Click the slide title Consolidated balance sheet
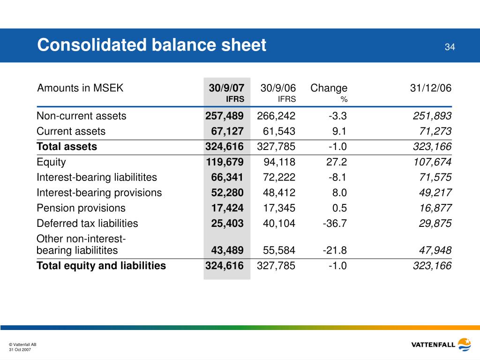click(151, 45)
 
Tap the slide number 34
click(450, 47)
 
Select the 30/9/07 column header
click(226, 88)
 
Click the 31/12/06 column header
click(431, 88)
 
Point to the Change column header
click(329, 88)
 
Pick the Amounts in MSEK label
click(80, 88)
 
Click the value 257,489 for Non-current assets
click(225, 116)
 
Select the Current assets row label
click(71, 131)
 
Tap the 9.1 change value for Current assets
click(339, 131)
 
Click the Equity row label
click(51, 162)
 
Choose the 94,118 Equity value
click(279, 162)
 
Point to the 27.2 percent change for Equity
click(337, 162)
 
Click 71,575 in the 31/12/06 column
click(435, 177)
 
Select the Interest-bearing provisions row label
click(99, 193)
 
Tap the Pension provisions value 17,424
click(227, 208)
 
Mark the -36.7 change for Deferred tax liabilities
click(335, 223)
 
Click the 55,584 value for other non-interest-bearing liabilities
click(279, 250)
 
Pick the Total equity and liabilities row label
click(101, 265)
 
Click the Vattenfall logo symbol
click(465, 345)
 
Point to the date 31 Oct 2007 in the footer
click(20, 350)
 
